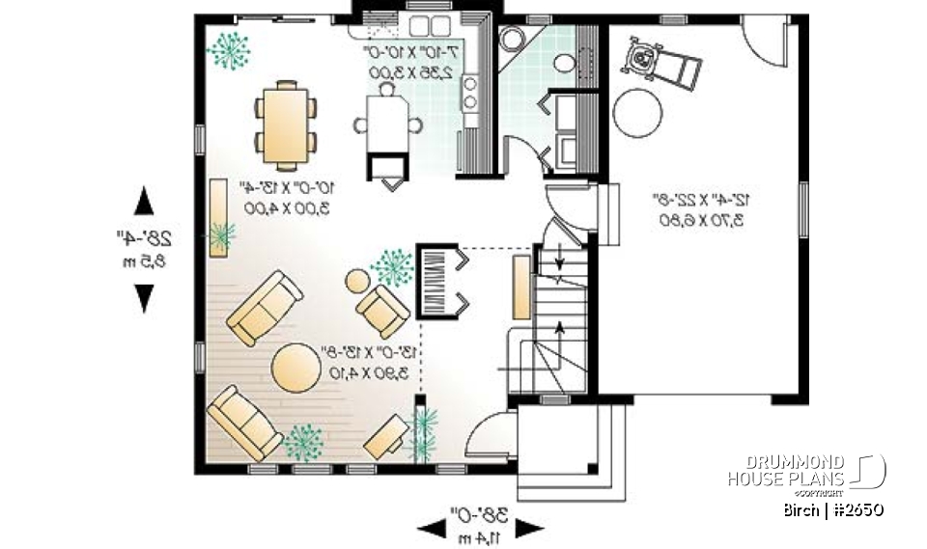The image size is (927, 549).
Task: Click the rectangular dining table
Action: [286, 124]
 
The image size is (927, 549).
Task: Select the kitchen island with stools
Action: [386, 124]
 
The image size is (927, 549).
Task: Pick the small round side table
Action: [357, 282]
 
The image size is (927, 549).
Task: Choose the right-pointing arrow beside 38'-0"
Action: [529, 527]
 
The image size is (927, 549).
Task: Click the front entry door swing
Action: [484, 434]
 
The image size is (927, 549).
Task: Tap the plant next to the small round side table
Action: [392, 266]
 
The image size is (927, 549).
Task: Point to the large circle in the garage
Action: [637, 113]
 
